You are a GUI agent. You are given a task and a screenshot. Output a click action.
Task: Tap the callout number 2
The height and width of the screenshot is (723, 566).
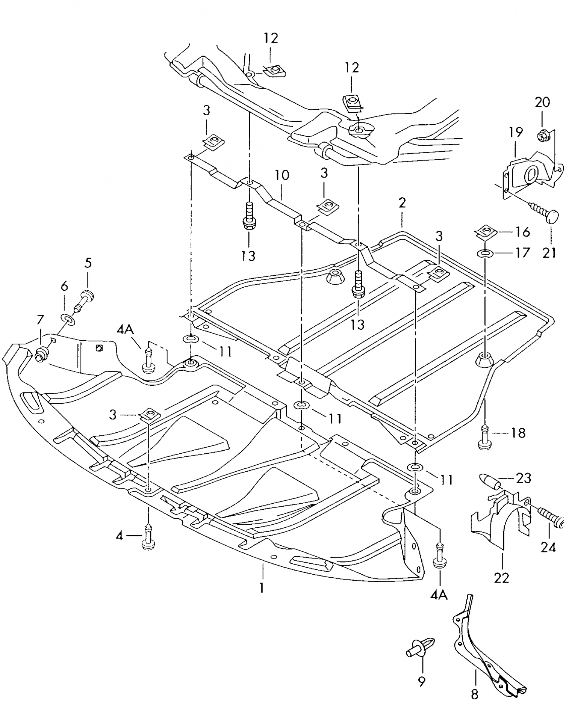point(402,203)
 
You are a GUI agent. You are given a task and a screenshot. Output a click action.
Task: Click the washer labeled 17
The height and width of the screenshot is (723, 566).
point(484,254)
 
